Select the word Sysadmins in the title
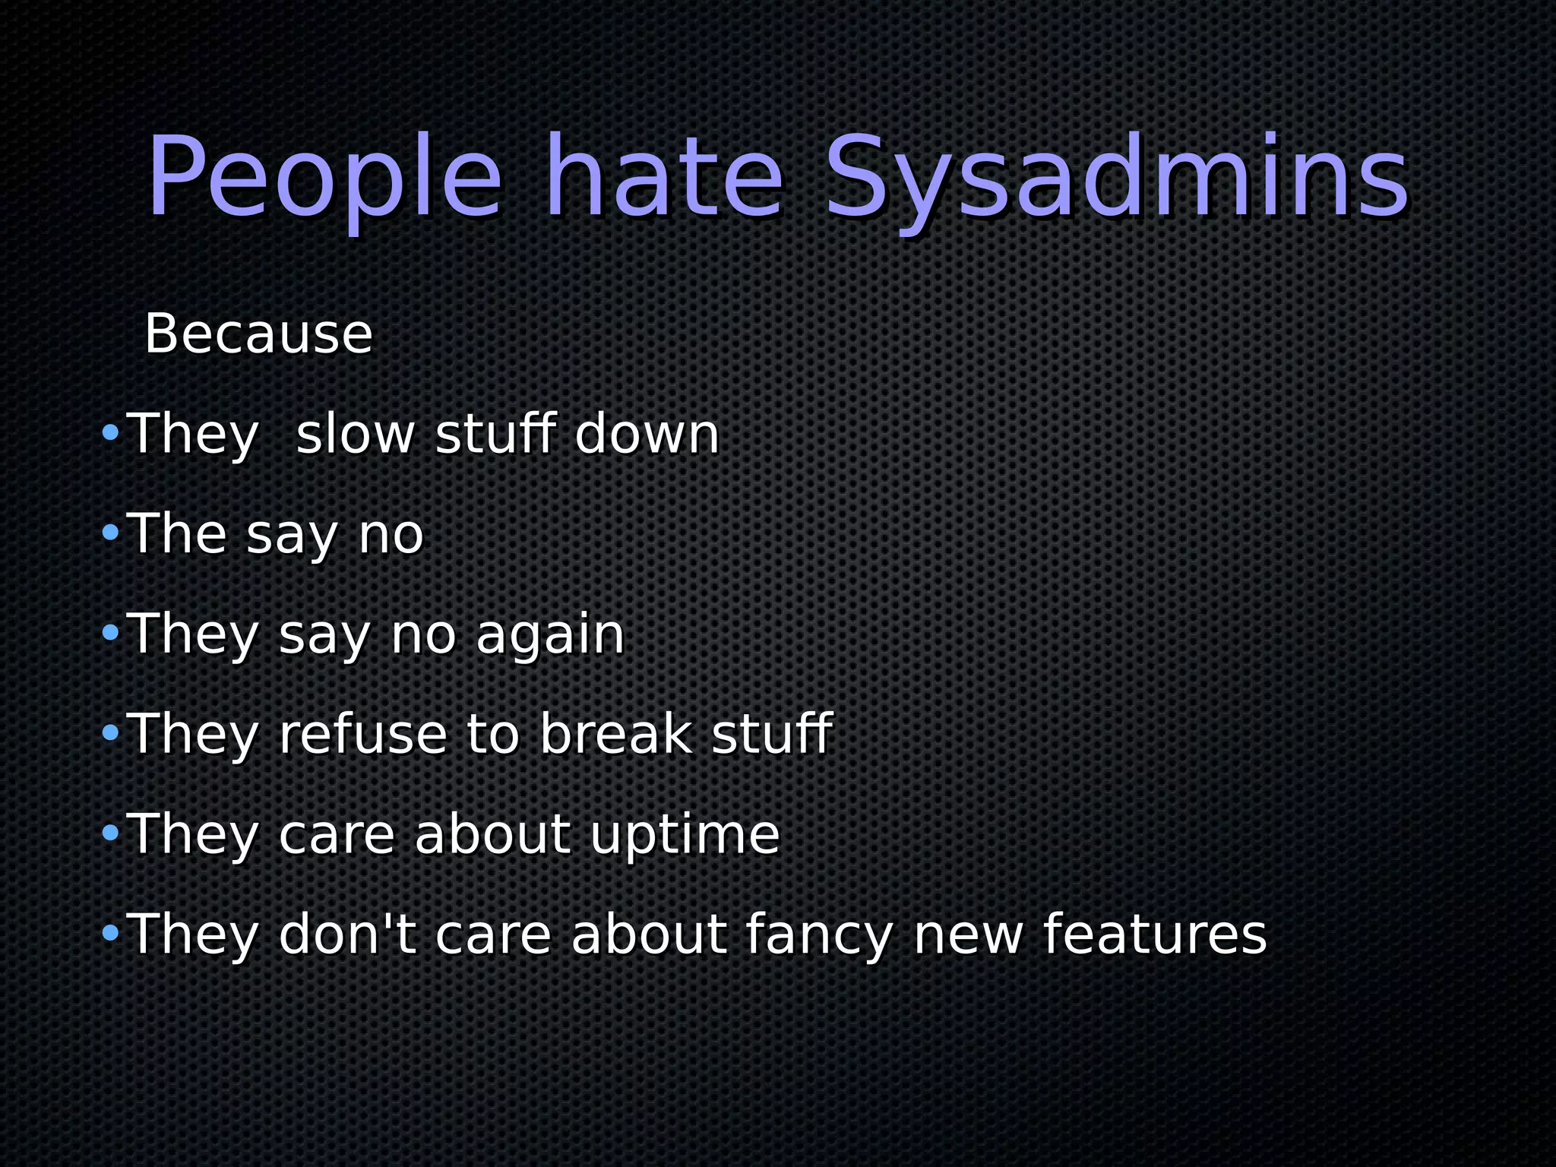[1117, 179]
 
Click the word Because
[258, 334]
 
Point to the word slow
[355, 435]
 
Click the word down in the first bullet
[647, 435]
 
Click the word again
[550, 634]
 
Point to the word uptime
[685, 836]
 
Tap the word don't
[347, 935]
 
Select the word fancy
[819, 936]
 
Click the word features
[1155, 935]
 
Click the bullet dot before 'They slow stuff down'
[110, 433]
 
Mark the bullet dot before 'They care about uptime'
[110, 833]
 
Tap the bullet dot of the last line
[110, 933]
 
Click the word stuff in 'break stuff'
[771, 735]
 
